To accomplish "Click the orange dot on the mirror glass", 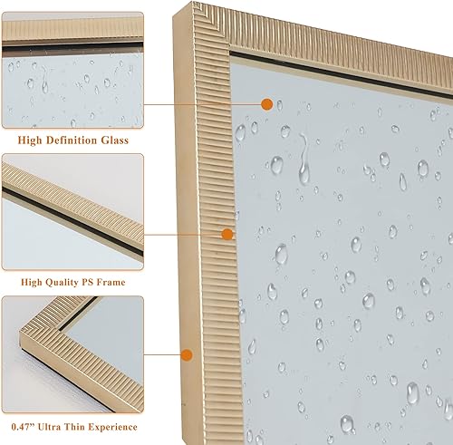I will point(266,105).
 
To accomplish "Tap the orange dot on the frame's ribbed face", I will point(227,234).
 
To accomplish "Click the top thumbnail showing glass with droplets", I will point(72,69).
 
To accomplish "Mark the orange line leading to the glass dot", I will point(204,105).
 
